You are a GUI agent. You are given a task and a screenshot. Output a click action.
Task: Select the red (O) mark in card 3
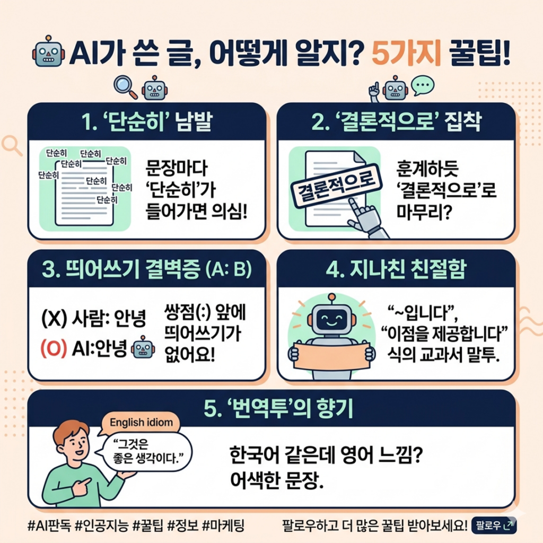(52, 348)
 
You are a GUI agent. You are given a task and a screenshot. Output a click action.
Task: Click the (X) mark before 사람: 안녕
(52, 320)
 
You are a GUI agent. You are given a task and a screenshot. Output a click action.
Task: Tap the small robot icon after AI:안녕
(142, 348)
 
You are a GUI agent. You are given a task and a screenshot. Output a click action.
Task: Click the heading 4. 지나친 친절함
(396, 269)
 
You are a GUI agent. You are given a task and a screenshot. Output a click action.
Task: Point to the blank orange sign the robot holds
(331, 356)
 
